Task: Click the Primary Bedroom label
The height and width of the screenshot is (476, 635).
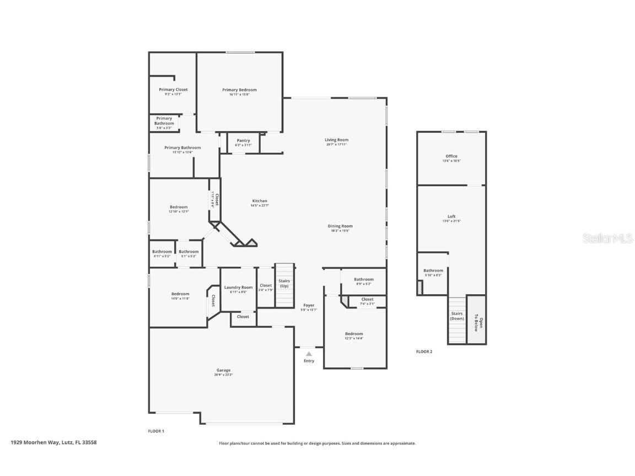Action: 239,90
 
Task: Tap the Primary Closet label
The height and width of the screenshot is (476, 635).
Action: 173,89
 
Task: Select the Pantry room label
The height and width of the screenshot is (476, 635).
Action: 243,140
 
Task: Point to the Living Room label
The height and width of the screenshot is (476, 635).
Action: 336,140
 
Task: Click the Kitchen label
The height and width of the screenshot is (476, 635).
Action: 260,201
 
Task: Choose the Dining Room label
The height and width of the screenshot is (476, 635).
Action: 340,226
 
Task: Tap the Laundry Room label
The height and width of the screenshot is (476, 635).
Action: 238,287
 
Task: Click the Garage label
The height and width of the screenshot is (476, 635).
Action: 223,370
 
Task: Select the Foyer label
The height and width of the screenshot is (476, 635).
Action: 309,305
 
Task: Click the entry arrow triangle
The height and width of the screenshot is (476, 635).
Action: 309,354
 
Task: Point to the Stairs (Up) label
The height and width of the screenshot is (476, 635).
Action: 284,284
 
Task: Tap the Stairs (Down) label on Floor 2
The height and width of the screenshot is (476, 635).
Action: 457,316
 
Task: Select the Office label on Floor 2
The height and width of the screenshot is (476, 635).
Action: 451,156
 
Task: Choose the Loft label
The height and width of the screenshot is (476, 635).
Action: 451,217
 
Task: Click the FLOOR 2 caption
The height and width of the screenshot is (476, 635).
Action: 424,351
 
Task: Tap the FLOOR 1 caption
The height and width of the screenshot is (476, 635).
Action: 156,431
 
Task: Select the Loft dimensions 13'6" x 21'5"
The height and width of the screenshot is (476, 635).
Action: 451,221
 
